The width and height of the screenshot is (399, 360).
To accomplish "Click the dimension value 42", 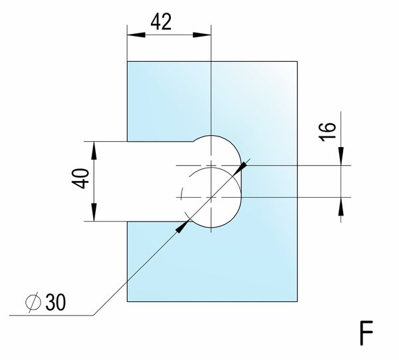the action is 161,22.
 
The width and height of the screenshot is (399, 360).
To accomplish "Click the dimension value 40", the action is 80,178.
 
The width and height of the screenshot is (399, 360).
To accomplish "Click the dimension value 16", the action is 327,132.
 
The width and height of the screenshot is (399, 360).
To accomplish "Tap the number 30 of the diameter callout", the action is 56,302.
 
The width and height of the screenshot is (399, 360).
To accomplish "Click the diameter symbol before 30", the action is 33,302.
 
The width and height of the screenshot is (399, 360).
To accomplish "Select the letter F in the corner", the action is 366,333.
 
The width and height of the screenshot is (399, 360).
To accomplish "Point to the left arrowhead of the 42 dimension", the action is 136,35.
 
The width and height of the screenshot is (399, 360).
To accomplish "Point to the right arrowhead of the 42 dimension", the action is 201,35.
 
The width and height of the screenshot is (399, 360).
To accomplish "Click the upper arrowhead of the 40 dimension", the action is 94,150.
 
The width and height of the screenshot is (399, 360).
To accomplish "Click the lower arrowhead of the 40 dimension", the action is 94,212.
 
